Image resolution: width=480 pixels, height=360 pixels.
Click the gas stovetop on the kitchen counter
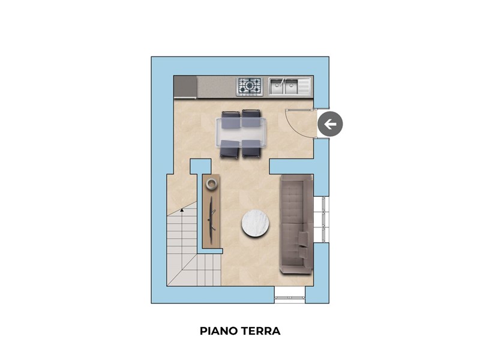[x=250, y=86]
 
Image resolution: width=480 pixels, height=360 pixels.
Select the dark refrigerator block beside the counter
[x=185, y=87]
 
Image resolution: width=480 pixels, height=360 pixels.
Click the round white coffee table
[x=256, y=223]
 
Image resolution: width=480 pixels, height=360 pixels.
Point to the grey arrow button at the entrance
[x=330, y=124]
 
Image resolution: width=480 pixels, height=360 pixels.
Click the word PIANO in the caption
[x=219, y=331]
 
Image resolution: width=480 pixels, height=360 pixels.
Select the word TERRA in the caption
[x=260, y=331]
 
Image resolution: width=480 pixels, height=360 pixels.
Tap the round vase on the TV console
[x=212, y=184]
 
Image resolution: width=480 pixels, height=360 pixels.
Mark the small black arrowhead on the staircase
[x=182, y=211]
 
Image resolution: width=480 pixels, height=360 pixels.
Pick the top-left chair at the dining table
[x=230, y=119]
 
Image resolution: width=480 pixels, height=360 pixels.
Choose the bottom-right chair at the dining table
[x=251, y=149]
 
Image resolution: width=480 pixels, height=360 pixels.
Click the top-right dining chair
[x=251, y=118]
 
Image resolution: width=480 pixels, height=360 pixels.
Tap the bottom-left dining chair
[x=230, y=149]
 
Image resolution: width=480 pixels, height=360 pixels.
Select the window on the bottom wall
[x=290, y=295]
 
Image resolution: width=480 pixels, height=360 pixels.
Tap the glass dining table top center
[x=241, y=133]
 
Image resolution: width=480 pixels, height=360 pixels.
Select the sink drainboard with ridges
[x=304, y=86]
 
